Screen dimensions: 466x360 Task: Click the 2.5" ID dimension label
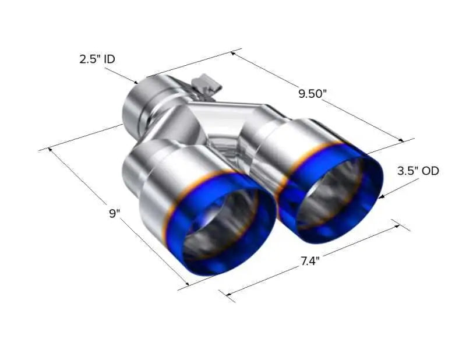[x=97, y=59]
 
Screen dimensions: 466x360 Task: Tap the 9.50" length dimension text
[x=313, y=94]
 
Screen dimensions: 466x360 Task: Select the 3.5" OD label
[x=418, y=171]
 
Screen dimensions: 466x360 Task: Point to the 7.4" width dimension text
[x=310, y=262]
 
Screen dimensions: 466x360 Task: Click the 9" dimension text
[x=114, y=213]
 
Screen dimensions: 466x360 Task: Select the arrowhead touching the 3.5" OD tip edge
[x=383, y=196]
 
